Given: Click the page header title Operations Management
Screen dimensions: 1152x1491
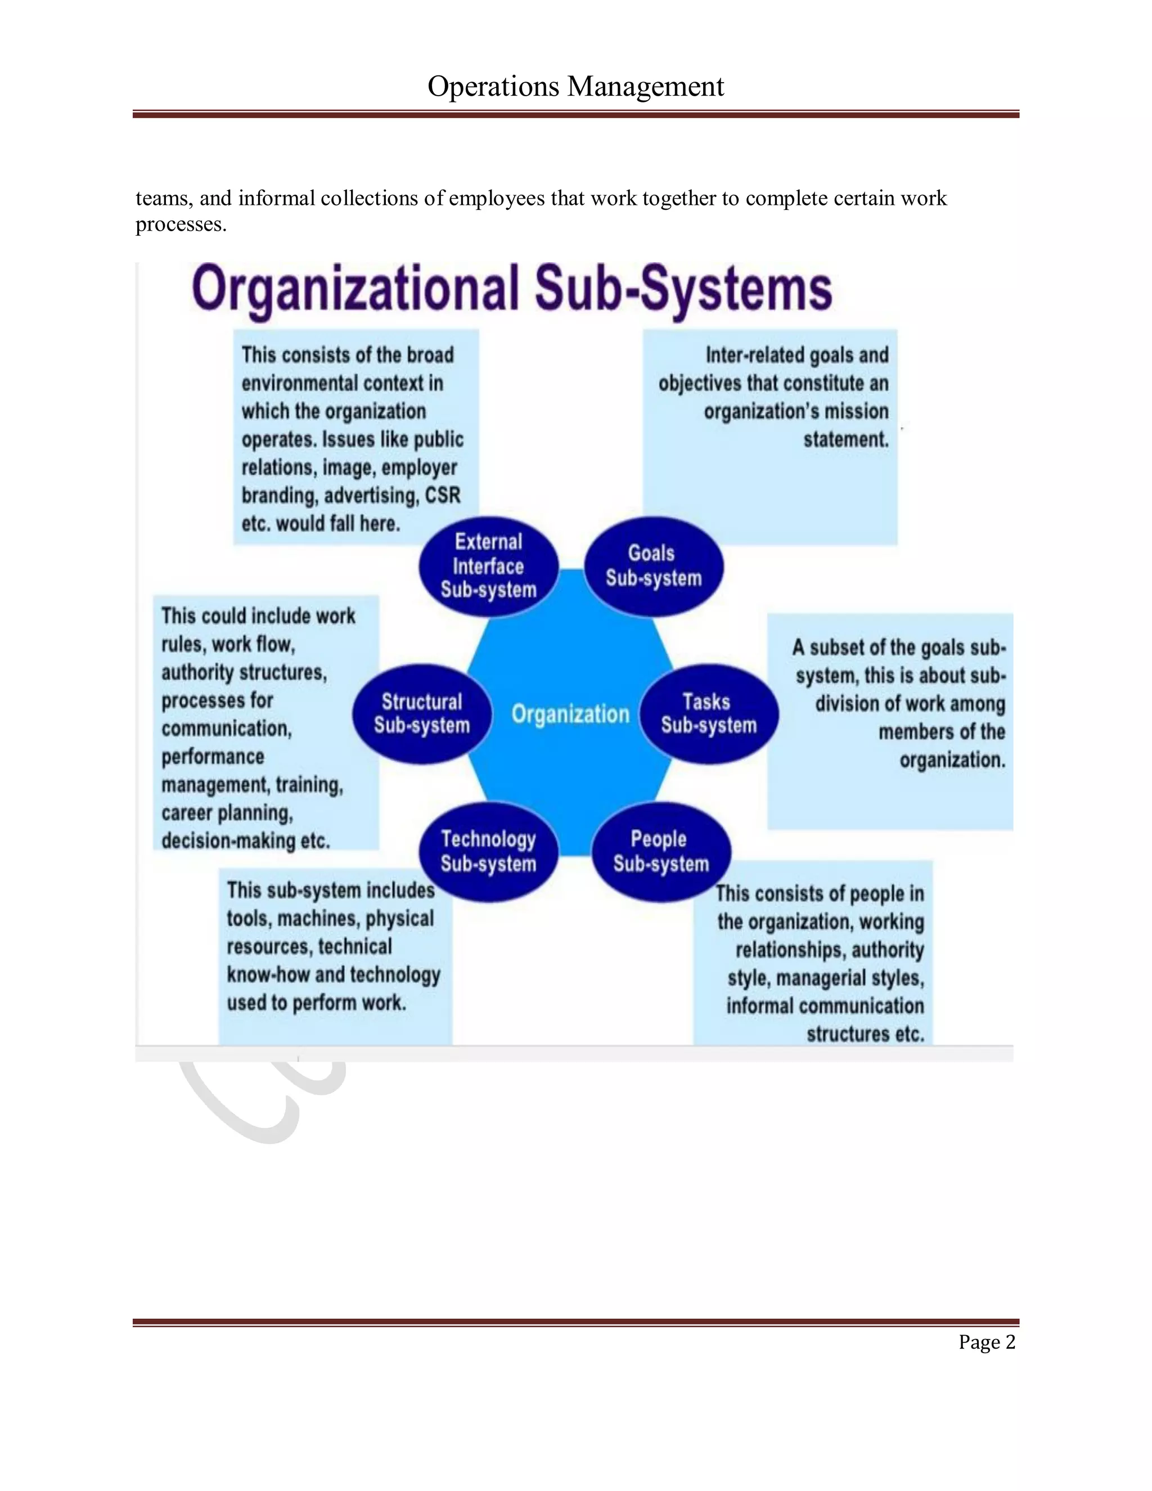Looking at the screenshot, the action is [575, 87].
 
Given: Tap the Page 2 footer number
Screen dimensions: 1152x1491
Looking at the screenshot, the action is [986, 1342].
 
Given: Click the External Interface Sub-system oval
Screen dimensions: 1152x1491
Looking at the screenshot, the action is [489, 566].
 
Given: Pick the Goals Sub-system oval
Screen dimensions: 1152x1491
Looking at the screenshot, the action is [653, 566].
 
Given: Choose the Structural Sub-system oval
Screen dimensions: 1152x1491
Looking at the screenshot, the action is [422, 713].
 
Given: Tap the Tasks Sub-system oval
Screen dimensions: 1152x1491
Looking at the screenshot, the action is [708, 713].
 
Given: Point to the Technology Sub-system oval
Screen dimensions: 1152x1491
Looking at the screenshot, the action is [489, 851].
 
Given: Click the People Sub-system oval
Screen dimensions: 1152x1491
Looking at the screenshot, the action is [660, 851].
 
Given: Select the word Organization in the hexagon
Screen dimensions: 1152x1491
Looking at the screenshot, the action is [570, 714].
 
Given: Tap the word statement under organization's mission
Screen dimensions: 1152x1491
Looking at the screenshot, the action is [845, 439].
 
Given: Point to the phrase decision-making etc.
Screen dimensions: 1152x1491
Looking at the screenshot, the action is [246, 841].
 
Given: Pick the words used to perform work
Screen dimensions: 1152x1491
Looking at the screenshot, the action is [317, 1003].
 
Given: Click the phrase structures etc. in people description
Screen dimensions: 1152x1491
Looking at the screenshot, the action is [865, 1034].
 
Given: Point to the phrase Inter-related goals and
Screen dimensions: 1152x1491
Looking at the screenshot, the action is [796, 355].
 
